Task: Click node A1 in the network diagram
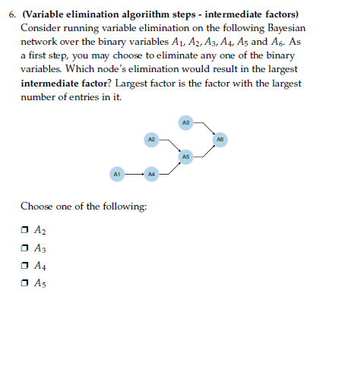coord(117,174)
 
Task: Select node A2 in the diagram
coord(151,140)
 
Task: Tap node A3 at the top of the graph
coord(186,121)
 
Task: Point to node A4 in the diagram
coord(151,174)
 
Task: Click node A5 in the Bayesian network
coord(186,156)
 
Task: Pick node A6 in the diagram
coord(220,140)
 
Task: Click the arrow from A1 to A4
coord(134,174)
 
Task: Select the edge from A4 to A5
coord(169,166)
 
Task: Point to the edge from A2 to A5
coord(169,147)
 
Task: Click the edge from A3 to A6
coord(204,130)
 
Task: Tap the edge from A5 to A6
coord(204,149)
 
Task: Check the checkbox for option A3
coord(25,247)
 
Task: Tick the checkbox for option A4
coord(25,264)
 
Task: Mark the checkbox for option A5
coord(25,282)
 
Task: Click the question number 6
coord(11,14)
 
